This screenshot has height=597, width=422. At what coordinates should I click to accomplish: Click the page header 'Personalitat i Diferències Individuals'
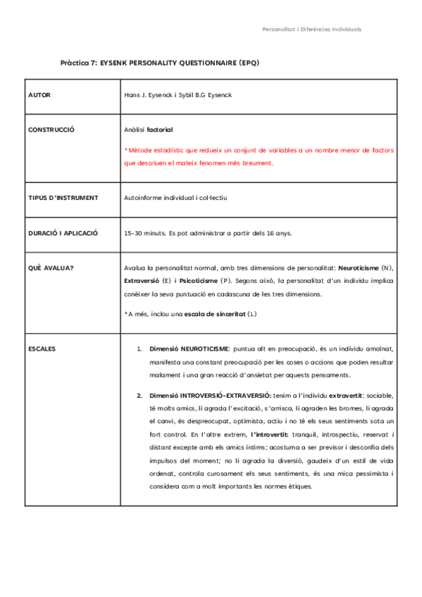tap(311, 30)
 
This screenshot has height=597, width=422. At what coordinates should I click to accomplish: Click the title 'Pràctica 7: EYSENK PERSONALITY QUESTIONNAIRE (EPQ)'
tap(160, 63)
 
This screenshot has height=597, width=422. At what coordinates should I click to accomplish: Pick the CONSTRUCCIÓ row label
tap(51, 130)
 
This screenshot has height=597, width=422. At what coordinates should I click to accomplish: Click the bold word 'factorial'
tap(160, 130)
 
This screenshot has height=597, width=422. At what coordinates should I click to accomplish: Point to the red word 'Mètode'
tap(140, 150)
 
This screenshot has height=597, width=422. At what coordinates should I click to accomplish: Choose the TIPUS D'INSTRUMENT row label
tap(63, 198)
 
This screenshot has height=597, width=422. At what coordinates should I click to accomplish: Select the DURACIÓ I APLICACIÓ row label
tap(63, 232)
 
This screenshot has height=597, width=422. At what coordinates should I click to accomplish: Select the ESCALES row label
tap(42, 348)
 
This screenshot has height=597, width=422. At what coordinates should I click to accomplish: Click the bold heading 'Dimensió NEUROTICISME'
tap(189, 348)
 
